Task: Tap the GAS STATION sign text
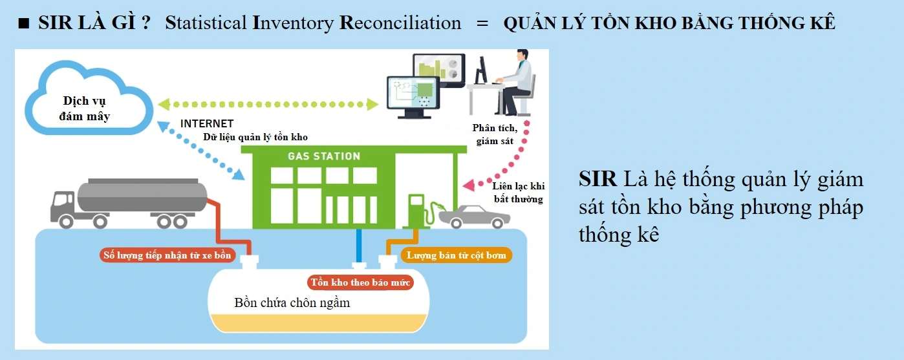323,156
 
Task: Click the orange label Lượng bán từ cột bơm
456,255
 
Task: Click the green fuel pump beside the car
416,210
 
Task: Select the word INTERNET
207,123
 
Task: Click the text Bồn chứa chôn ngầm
292,302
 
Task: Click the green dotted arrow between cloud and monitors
267,103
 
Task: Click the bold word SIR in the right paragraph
597,179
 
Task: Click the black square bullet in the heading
24,25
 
